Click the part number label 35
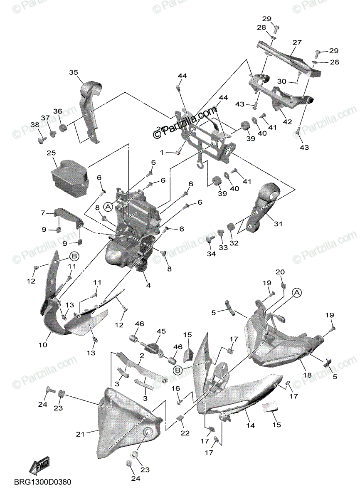[73, 72]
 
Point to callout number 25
[51, 153]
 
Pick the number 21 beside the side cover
[80, 434]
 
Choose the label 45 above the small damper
[161, 331]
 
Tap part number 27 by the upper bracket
[296, 42]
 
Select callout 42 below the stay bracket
[287, 122]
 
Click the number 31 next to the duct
[278, 224]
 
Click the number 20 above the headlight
[280, 272]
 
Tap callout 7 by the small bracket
[42, 212]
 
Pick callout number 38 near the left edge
[35, 125]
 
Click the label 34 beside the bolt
[212, 254]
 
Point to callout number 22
[185, 433]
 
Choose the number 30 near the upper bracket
[281, 82]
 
